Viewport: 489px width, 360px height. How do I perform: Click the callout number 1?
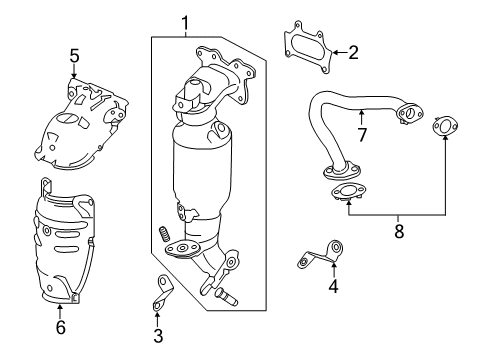pyautogui.click(x=184, y=20)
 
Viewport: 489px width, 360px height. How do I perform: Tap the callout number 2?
pyautogui.click(x=353, y=52)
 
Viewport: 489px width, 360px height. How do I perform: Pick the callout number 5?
pyautogui.click(x=73, y=54)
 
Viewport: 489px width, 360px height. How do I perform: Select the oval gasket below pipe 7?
pyautogui.click(x=345, y=194)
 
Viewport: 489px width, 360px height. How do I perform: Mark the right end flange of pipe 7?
pyautogui.click(x=408, y=115)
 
